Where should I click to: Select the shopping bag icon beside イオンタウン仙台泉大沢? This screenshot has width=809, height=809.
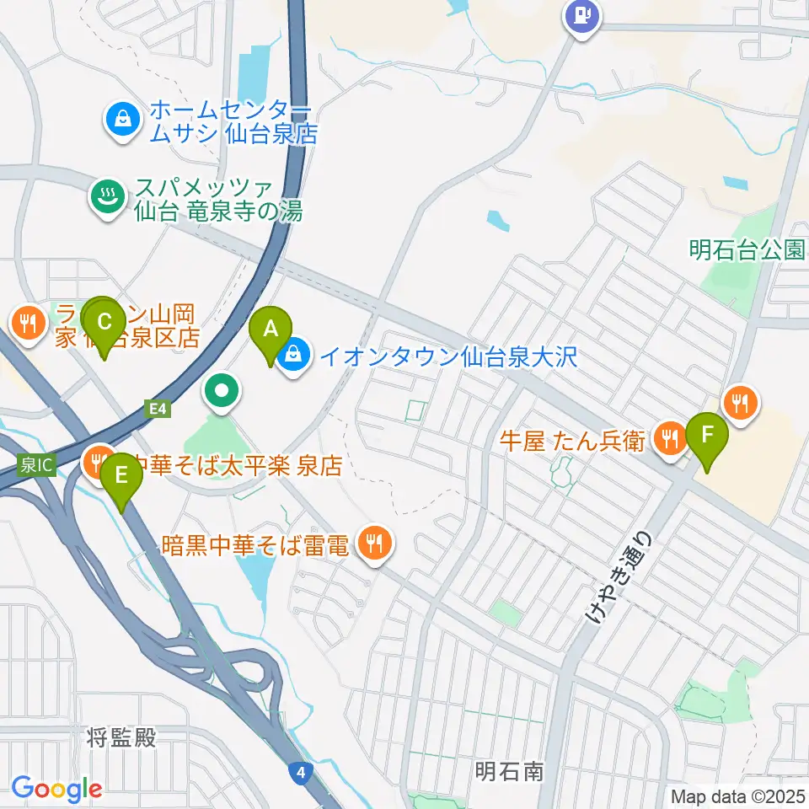pos(293,356)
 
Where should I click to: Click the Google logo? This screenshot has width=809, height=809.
pos(56,789)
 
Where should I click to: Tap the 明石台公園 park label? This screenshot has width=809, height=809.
pos(747,249)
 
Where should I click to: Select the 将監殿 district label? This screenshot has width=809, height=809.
pos(121,738)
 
